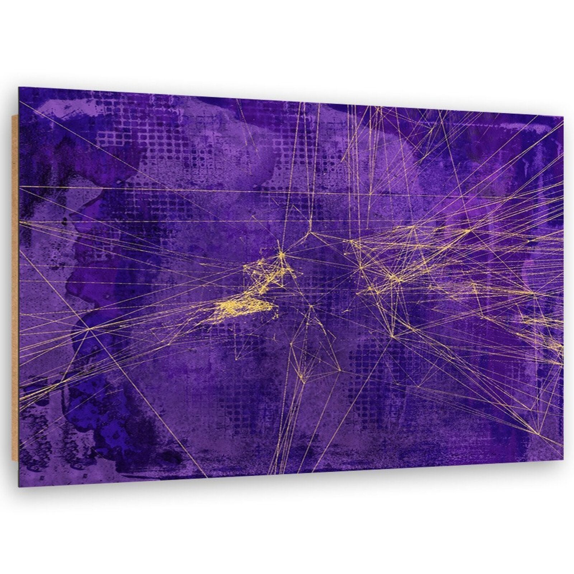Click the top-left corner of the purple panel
point(19,87)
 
